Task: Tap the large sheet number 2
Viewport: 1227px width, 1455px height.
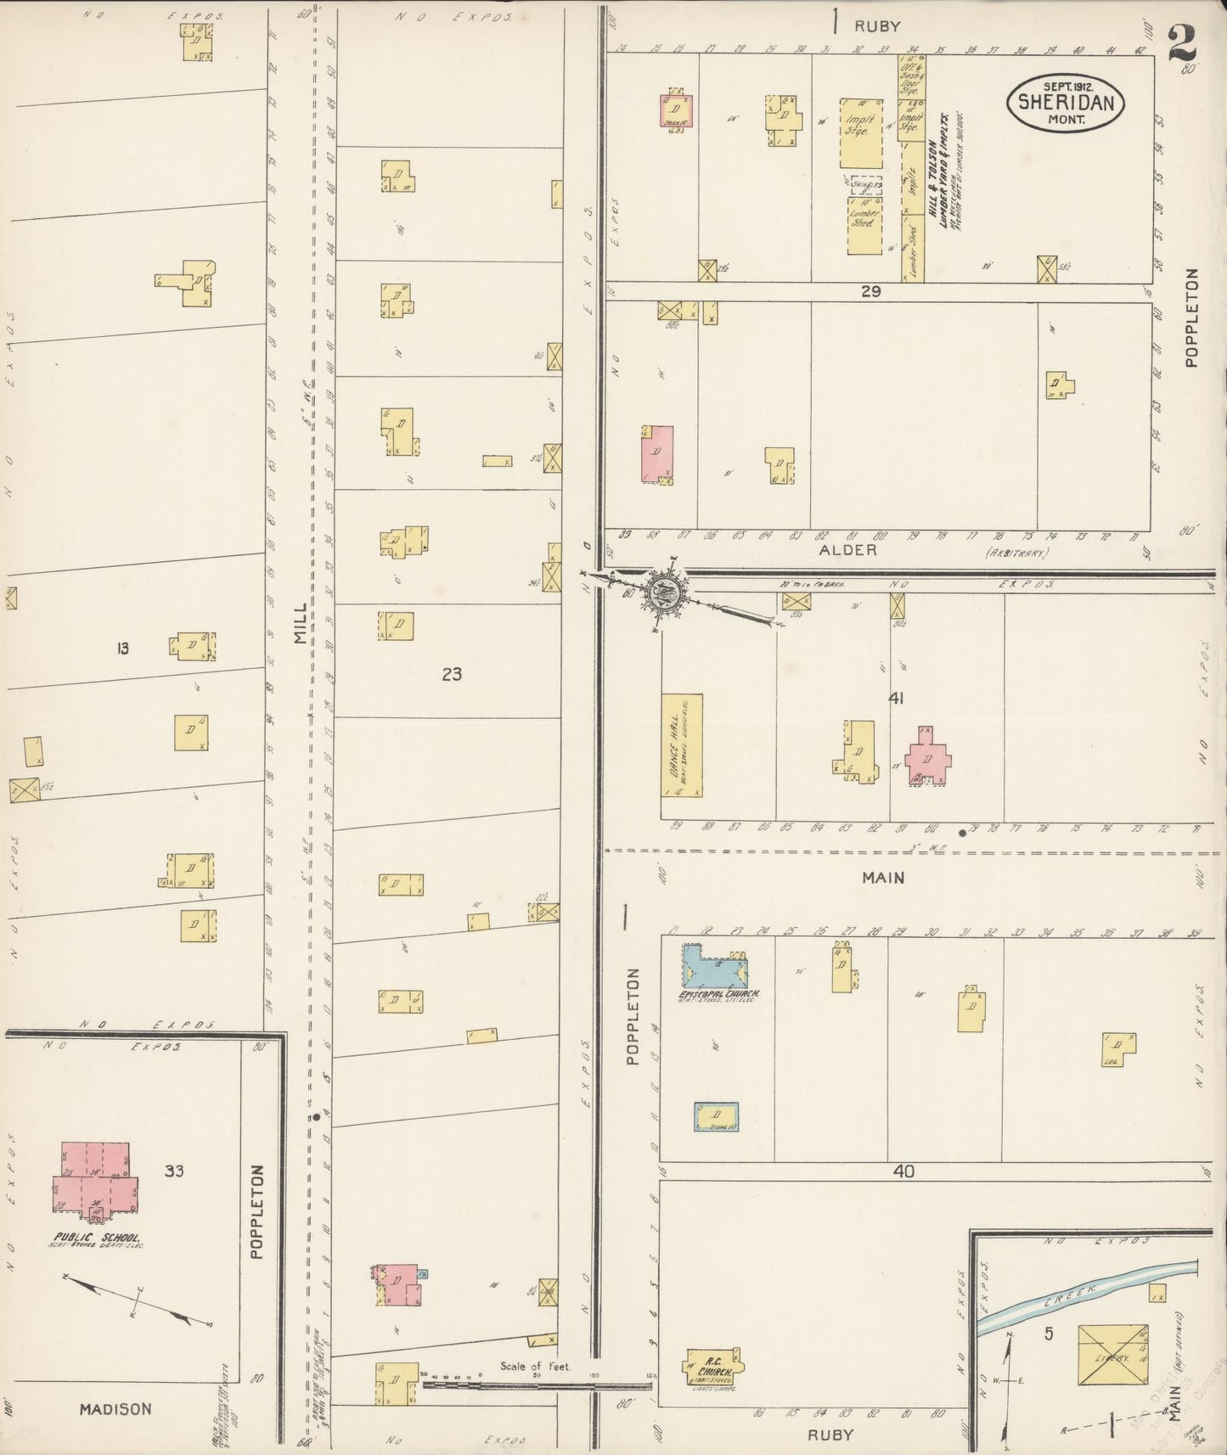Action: pyautogui.click(x=1181, y=42)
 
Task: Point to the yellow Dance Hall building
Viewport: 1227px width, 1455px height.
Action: pyautogui.click(x=682, y=745)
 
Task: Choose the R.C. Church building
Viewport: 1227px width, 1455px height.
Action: pyautogui.click(x=712, y=1368)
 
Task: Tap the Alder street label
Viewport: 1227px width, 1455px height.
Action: pyautogui.click(x=847, y=550)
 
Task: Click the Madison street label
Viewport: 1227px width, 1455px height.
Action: pyautogui.click(x=115, y=1408)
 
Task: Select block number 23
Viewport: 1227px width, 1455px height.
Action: pyautogui.click(x=452, y=674)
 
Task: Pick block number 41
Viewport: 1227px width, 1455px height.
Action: pyautogui.click(x=895, y=699)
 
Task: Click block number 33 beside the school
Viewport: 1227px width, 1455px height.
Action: pyautogui.click(x=174, y=1171)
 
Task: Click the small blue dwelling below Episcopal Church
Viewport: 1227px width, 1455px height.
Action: pyautogui.click(x=716, y=1116)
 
